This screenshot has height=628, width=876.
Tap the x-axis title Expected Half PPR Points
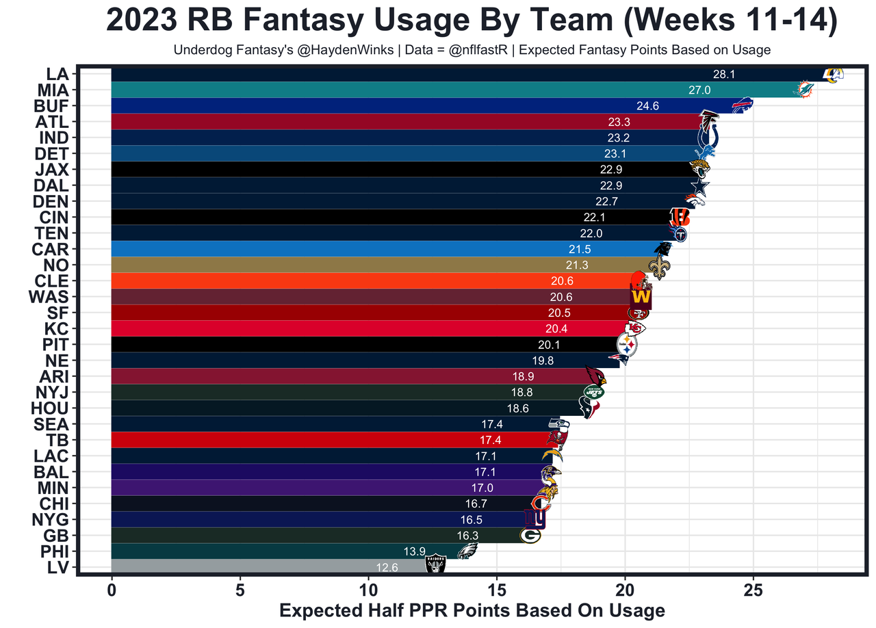[472, 610]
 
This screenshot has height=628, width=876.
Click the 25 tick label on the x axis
[753, 589]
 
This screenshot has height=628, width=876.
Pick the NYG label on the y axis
[51, 519]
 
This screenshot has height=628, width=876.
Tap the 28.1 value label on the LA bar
[723, 74]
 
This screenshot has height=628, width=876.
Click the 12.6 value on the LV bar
[387, 567]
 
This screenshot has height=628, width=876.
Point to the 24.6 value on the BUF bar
[647, 106]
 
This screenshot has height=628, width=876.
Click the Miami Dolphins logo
[804, 89]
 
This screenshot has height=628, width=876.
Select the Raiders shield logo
[435, 564]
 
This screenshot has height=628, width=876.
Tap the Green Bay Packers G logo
[530, 535]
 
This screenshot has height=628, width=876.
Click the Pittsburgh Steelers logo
[627, 343]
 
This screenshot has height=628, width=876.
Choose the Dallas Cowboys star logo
[700, 185]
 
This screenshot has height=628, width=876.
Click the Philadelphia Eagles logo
[467, 551]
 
